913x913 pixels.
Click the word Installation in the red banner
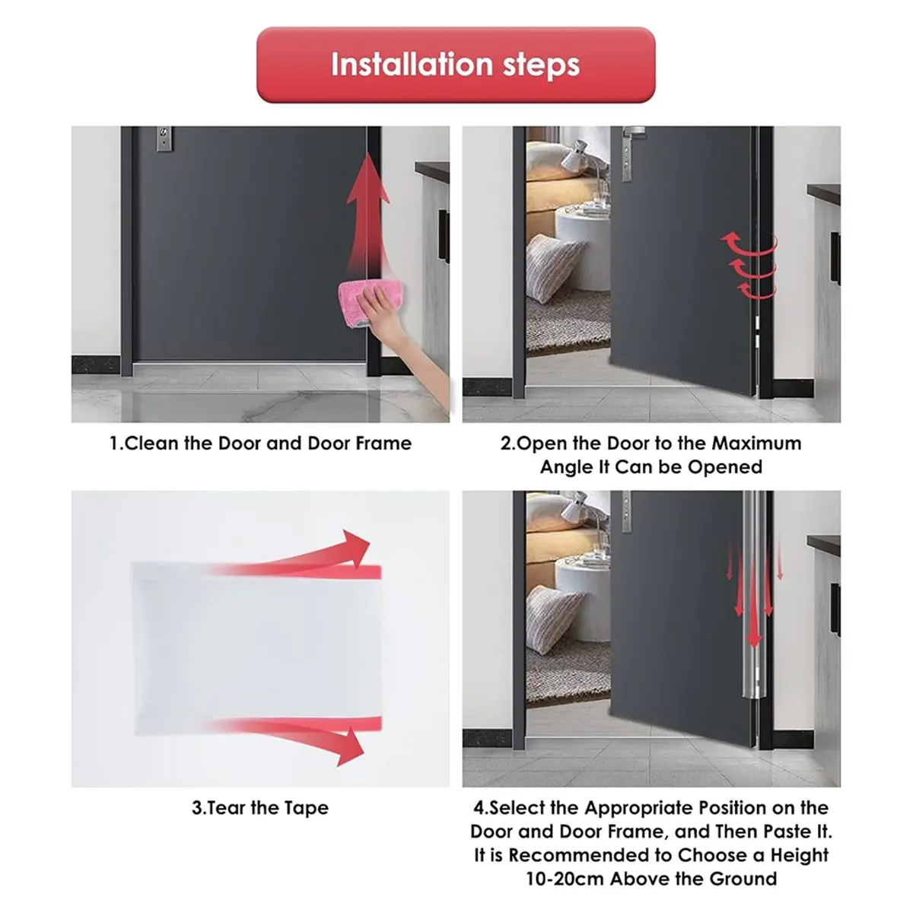pyautogui.click(x=412, y=65)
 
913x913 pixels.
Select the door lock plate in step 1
pyautogui.click(x=164, y=138)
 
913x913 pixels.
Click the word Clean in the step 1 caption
pyautogui.click(x=151, y=444)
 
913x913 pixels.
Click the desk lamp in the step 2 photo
pyautogui.click(x=584, y=161)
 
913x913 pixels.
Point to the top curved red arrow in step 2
pyautogui.click(x=748, y=243)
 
